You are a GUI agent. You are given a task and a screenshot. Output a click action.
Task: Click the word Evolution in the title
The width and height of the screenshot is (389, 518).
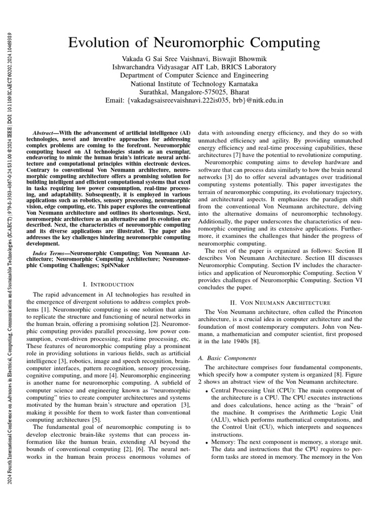tap(104, 41)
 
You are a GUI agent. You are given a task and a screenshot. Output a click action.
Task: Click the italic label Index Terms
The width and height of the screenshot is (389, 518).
tap(50, 252)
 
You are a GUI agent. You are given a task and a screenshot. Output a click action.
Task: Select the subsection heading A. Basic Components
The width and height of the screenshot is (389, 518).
tap(225, 358)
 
